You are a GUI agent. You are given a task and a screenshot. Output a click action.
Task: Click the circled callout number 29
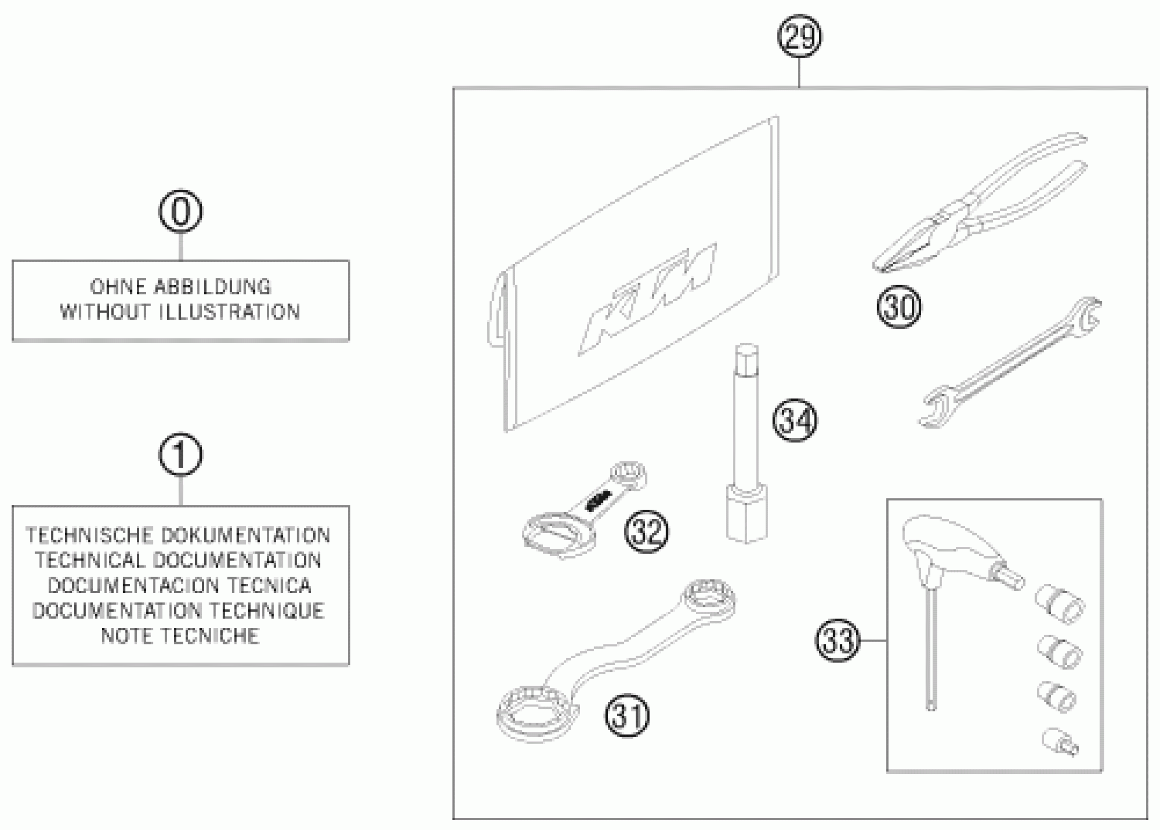[x=799, y=36]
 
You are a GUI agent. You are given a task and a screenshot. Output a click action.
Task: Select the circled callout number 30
[x=899, y=307]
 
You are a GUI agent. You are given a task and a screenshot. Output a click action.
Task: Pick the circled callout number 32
[x=646, y=532]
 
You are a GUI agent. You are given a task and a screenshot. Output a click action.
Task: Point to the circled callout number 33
[x=838, y=640]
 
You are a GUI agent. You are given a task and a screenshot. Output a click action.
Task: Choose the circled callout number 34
[x=795, y=420]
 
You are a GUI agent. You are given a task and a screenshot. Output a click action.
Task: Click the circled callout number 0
[x=180, y=211]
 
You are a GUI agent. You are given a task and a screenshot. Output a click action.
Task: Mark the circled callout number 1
[x=180, y=455]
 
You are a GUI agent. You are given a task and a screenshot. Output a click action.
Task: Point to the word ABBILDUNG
[x=212, y=287]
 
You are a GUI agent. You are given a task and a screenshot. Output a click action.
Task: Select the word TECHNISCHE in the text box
[x=89, y=536]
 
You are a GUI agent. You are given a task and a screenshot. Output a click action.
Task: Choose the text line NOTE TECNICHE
[x=180, y=636]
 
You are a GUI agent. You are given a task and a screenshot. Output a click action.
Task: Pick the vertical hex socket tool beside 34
[x=746, y=445]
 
